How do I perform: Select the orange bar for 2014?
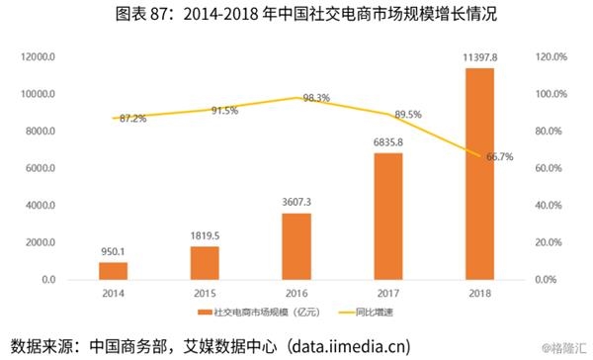click(x=113, y=271)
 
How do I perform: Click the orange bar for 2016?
click(x=296, y=246)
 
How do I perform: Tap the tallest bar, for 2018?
click(x=479, y=174)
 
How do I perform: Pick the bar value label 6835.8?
click(x=388, y=142)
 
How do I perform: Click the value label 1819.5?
click(x=205, y=235)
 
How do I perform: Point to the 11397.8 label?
click(x=480, y=57)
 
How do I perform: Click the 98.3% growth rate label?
click(x=316, y=98)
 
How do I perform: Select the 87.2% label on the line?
click(x=132, y=119)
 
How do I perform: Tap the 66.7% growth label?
click(x=499, y=156)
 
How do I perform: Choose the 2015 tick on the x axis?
click(x=205, y=294)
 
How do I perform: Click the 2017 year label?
click(x=388, y=294)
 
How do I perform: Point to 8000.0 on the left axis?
click(x=41, y=131)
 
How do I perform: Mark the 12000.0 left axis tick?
click(x=38, y=56)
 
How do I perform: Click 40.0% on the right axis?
click(x=549, y=205)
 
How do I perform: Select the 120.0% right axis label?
click(x=551, y=56)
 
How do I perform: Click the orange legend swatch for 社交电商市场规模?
click(x=205, y=313)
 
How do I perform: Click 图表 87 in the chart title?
click(x=140, y=14)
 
